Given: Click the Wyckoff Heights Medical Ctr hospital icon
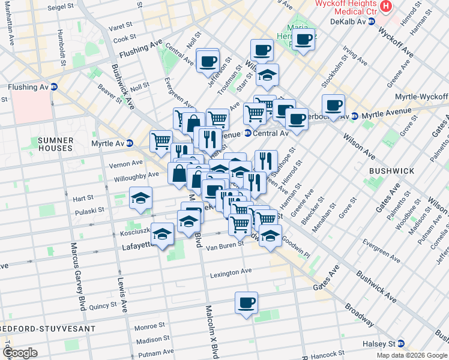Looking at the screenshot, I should [386, 7].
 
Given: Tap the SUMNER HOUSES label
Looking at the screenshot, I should [55, 143].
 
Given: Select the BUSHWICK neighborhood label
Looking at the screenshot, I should [391, 171].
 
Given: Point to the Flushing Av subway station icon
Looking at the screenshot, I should [54, 87].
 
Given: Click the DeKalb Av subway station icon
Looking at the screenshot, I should [372, 21].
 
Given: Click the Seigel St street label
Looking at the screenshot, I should [59, 7].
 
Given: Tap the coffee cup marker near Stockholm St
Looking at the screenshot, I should [333, 105].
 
